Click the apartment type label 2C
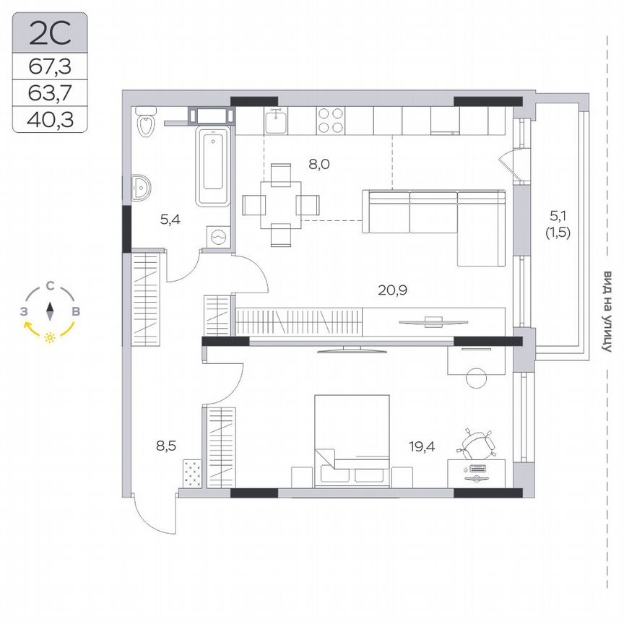tap(50, 32)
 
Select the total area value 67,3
tap(50, 67)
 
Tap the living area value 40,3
tap(50, 118)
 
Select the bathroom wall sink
tap(142, 187)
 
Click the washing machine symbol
tap(217, 236)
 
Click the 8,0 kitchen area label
tap(318, 164)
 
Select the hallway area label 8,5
tap(165, 446)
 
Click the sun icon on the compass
tap(50, 337)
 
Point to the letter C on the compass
tap(50, 286)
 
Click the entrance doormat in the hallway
tap(191, 473)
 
